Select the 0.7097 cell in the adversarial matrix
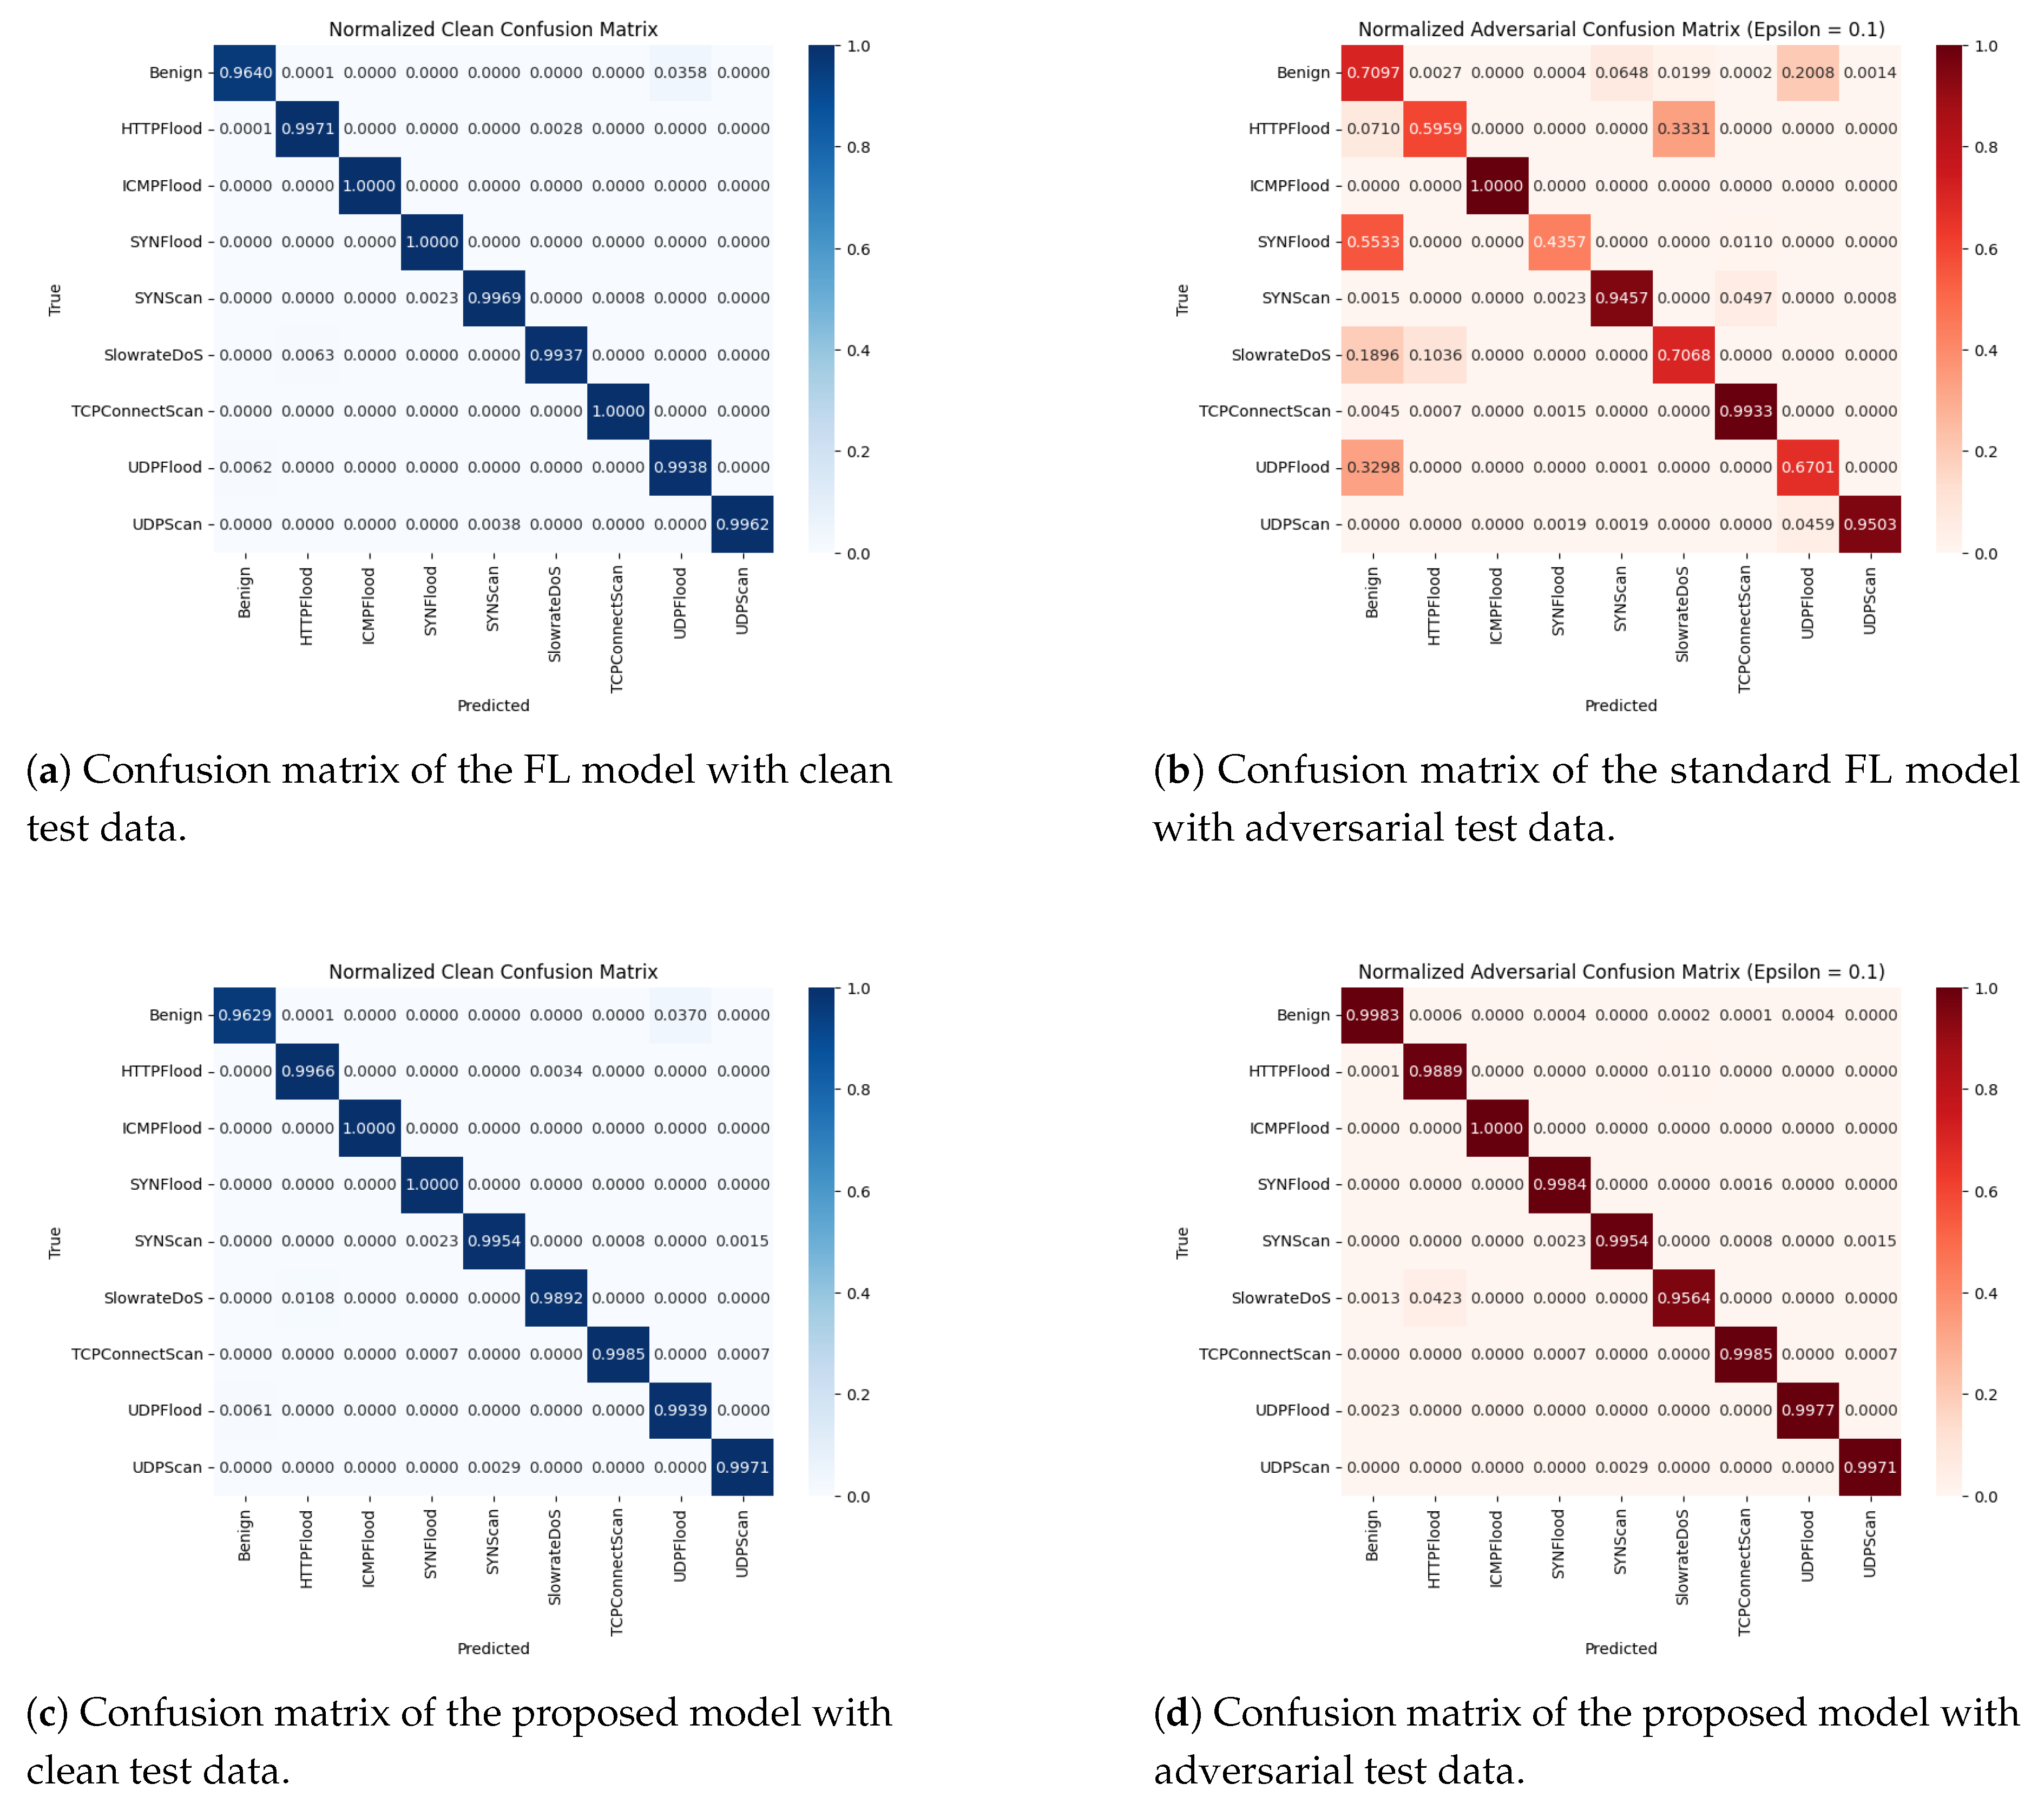tap(1372, 73)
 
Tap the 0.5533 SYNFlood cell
tap(1372, 241)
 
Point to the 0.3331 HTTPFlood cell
tap(1683, 128)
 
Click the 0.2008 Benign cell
tap(1807, 73)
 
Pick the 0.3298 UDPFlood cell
tap(1372, 467)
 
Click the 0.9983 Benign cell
tap(1372, 1015)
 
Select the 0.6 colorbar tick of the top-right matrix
tap(1986, 250)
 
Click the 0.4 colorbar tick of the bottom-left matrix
tap(858, 1293)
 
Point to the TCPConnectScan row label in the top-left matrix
tap(137, 410)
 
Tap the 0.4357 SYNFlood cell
tap(1559, 241)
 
